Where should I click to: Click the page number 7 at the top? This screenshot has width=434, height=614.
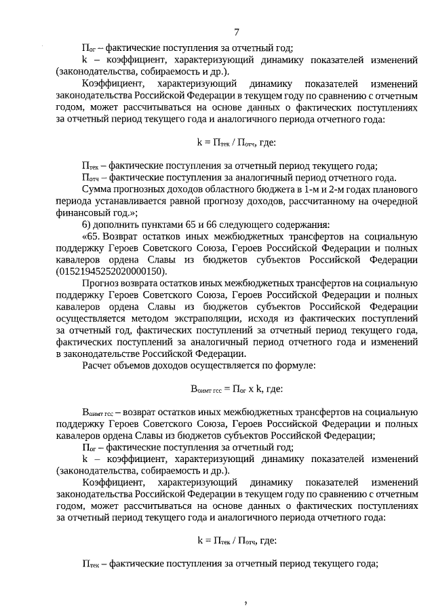point(236,33)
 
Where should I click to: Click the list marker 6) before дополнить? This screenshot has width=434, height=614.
point(86,224)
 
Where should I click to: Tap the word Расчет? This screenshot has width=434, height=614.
point(97,366)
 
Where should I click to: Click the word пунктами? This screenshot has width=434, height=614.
point(158,224)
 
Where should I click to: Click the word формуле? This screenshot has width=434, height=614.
point(292,366)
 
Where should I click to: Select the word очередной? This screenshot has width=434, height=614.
point(392,200)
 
